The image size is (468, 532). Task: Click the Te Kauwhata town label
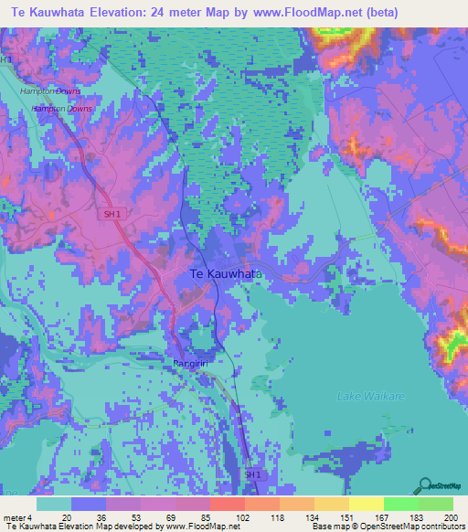pyautogui.click(x=226, y=273)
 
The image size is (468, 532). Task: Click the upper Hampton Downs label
pyautogui.click(x=50, y=91)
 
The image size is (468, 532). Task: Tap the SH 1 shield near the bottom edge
pyautogui.click(x=251, y=474)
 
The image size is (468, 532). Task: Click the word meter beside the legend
pyautogui.click(x=13, y=516)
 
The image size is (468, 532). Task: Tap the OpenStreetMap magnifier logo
pyautogui.click(x=425, y=484)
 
